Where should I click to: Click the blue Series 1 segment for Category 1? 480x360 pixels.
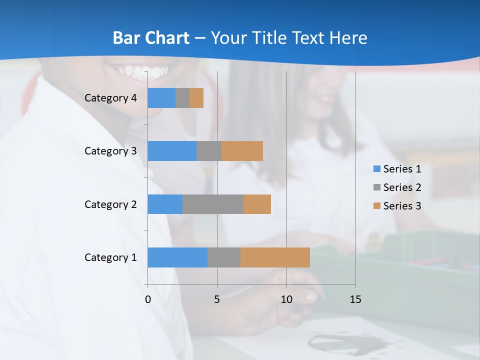click(177, 257)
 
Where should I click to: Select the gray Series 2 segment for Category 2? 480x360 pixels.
click(213, 204)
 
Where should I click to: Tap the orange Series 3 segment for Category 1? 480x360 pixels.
click(275, 257)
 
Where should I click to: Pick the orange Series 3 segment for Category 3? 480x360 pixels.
click(242, 151)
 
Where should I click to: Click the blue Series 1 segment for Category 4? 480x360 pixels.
click(161, 98)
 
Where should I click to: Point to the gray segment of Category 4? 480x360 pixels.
click(182, 98)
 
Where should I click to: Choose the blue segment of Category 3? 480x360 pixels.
click(172, 151)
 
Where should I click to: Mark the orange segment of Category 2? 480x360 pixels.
click(257, 204)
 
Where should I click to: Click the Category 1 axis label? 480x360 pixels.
click(110, 257)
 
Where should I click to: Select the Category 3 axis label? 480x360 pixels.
click(110, 151)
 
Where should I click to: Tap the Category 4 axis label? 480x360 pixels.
click(110, 98)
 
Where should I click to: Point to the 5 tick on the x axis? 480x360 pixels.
click(217, 299)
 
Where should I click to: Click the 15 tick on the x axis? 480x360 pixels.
click(355, 299)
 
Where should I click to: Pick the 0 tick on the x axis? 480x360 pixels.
click(148, 299)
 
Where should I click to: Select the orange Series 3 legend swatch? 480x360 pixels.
click(376, 206)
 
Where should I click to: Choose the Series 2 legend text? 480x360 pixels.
click(402, 187)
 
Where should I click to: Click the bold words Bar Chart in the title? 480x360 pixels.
click(151, 38)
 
